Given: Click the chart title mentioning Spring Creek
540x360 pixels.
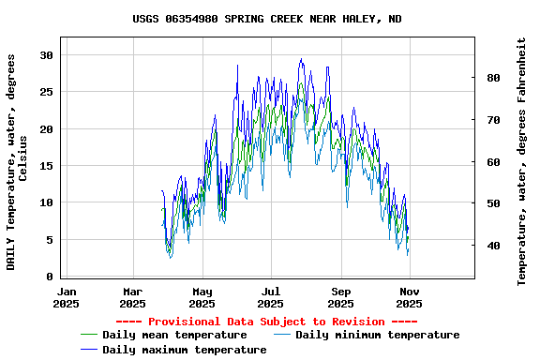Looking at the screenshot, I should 267,19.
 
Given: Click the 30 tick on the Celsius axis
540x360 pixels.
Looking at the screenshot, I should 47,55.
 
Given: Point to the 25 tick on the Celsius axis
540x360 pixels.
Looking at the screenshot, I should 47,92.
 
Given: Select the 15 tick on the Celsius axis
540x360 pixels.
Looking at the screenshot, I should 47,166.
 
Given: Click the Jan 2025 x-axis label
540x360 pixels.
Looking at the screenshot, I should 66,297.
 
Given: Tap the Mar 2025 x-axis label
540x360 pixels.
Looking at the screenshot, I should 133,297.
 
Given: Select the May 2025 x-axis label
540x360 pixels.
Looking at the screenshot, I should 202,297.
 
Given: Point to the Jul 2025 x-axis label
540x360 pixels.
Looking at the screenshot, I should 271,297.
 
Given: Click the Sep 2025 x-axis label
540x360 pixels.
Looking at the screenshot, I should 341,297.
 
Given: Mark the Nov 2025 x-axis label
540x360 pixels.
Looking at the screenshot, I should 410,297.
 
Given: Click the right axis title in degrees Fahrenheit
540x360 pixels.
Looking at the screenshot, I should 522,161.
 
